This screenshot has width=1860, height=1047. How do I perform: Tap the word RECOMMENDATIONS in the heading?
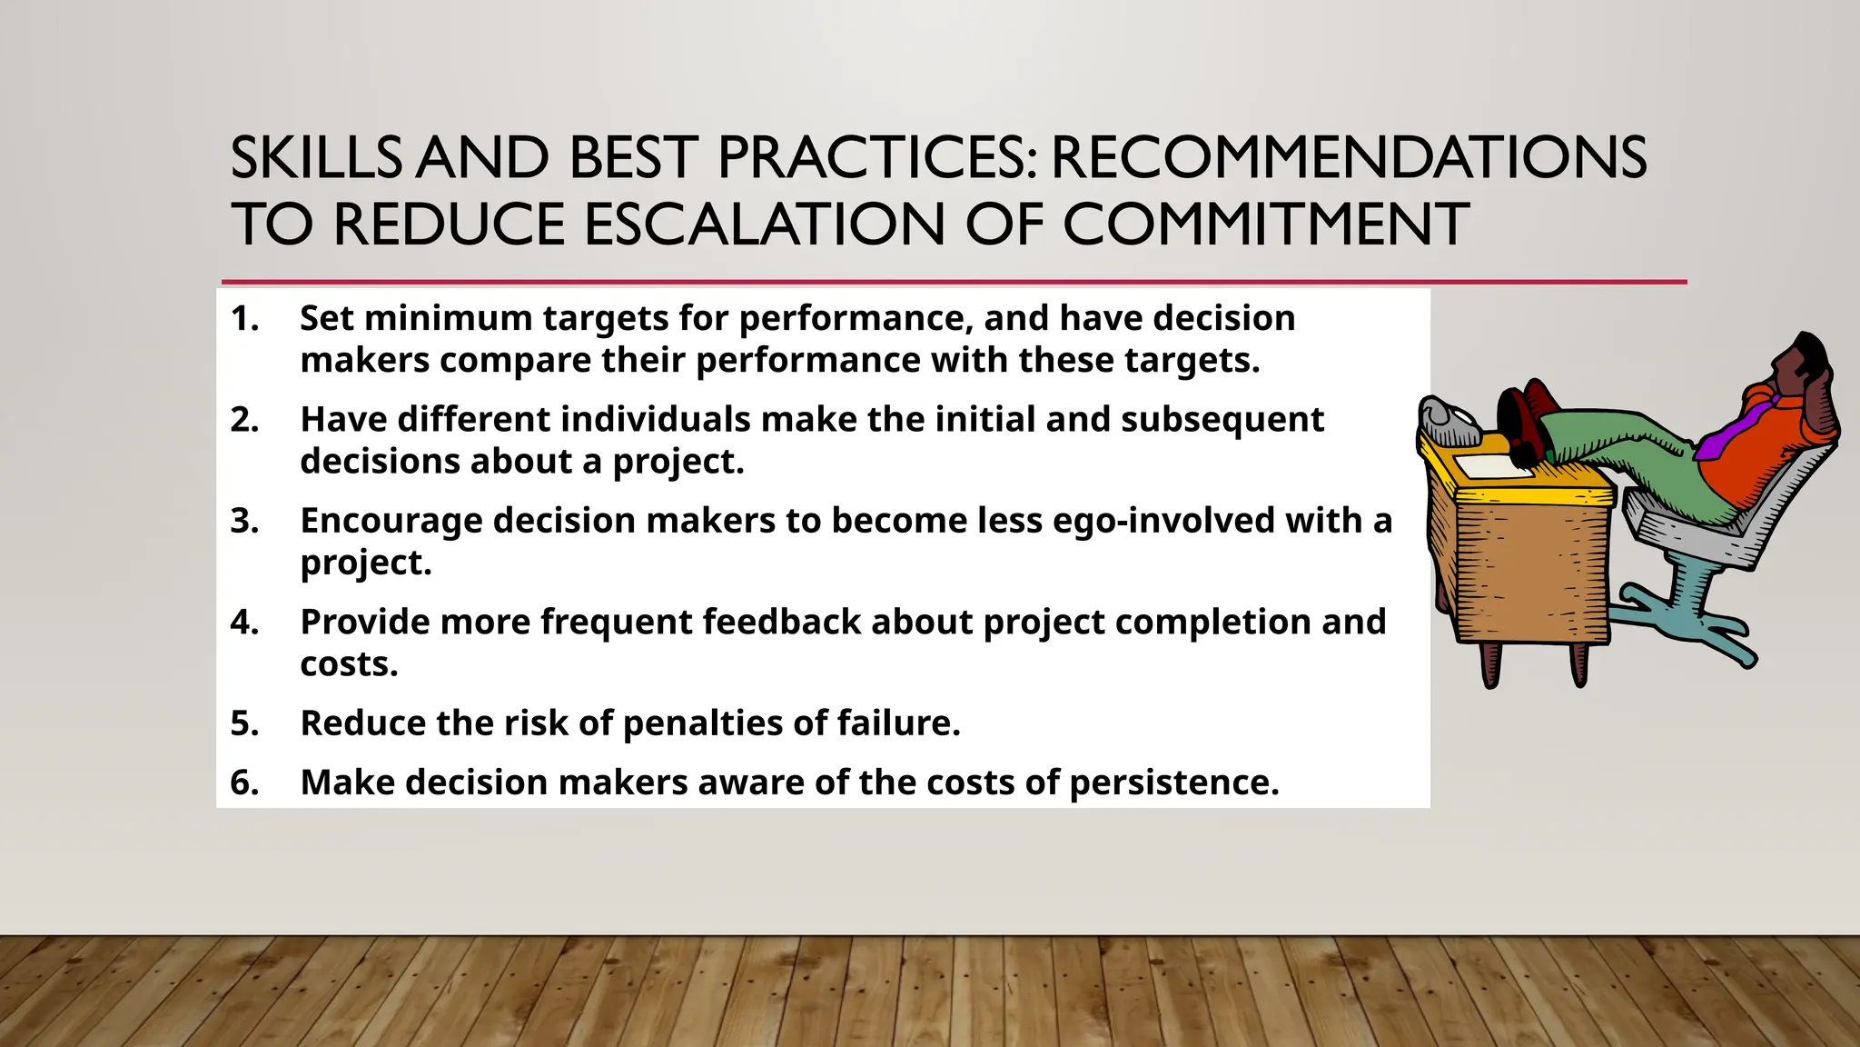[1348, 157]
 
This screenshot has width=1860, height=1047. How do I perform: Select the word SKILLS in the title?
[315, 157]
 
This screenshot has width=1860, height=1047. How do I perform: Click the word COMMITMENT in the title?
[1265, 224]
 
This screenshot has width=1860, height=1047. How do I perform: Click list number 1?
[244, 319]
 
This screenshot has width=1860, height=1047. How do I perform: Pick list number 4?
[244, 623]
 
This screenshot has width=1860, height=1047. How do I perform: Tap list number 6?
[244, 783]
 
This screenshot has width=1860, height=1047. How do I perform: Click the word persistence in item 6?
[1173, 783]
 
